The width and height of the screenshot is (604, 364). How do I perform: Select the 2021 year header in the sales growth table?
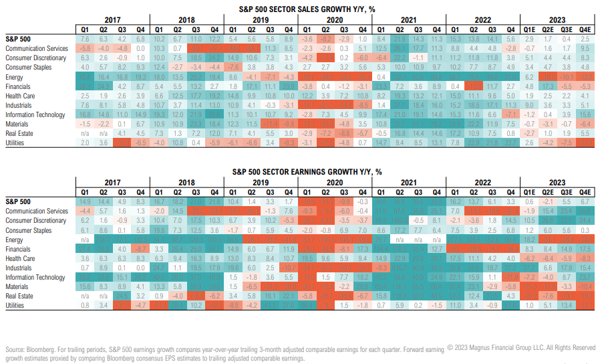click(408, 21)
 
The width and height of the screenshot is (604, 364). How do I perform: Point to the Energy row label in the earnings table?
click(14, 240)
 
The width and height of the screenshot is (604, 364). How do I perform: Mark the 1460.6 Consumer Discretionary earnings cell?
click(398, 220)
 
